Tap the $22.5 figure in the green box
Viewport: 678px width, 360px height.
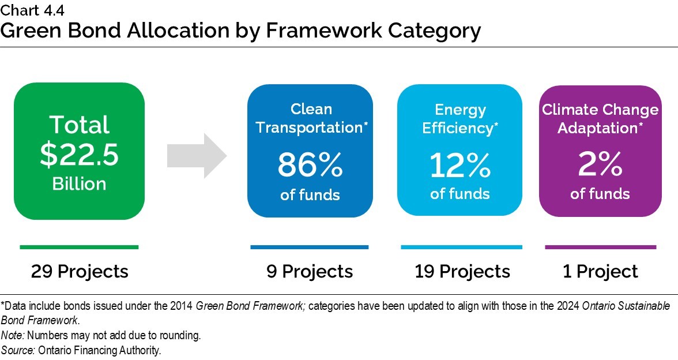(79, 155)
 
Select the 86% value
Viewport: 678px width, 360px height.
(310, 166)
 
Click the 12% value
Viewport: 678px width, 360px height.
(459, 166)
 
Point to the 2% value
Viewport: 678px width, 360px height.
(600, 166)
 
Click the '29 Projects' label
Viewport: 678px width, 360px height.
(80, 271)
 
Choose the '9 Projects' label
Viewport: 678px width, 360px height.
(310, 271)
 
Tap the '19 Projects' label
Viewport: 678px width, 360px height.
(462, 271)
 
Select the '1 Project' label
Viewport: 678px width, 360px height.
(600, 271)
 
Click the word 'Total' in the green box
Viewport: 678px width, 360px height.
(79, 125)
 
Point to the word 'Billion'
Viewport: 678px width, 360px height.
(79, 183)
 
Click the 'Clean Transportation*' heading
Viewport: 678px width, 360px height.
(311, 118)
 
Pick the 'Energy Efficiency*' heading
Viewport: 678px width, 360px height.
(460, 119)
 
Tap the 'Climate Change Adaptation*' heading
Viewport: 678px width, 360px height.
(600, 119)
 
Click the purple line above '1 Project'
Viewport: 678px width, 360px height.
(600, 247)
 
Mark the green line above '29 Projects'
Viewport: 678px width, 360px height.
(79, 247)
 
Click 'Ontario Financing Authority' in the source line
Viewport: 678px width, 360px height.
(99, 350)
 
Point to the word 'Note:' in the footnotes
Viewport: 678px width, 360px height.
(12, 335)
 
